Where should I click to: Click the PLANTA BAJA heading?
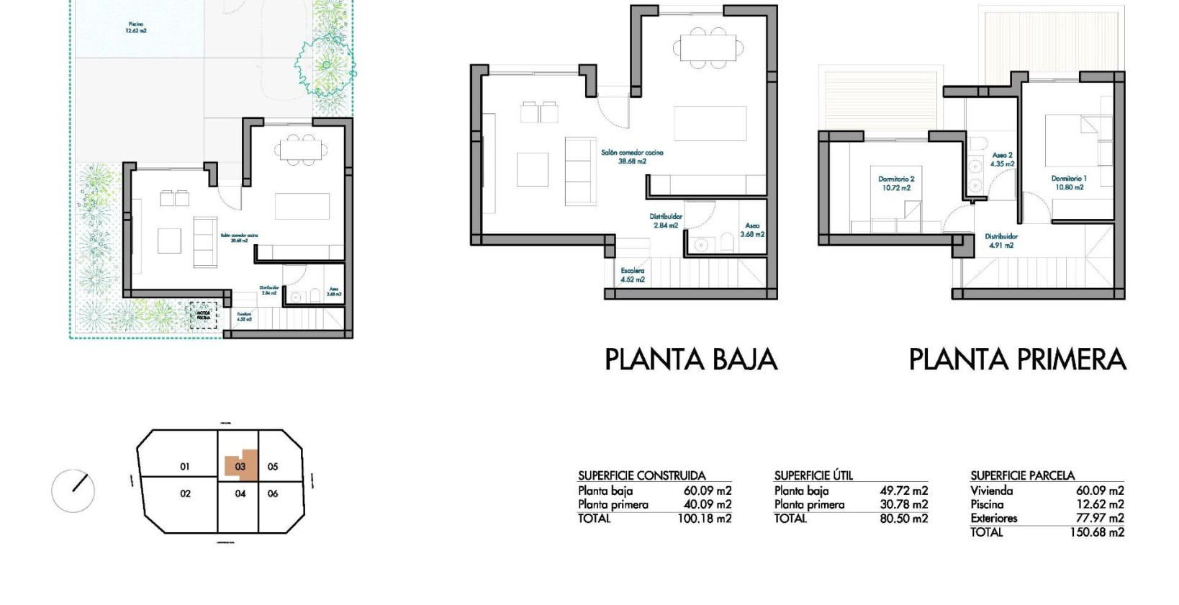[x=690, y=359]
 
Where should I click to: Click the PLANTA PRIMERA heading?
[x=1017, y=359]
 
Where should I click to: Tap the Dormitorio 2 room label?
[x=896, y=184]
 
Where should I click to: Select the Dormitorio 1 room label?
[x=1069, y=183]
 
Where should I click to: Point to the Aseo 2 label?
[x=1002, y=159]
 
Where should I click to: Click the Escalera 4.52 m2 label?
[x=633, y=275]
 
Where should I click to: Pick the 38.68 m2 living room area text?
[x=632, y=162]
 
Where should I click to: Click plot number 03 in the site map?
[x=240, y=467]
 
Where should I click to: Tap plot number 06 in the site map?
[x=273, y=493]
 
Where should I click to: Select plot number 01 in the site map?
[x=185, y=467]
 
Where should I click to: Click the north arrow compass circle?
[x=73, y=490]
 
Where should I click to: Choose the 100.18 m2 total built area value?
[x=704, y=519]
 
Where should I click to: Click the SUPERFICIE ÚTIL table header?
[x=813, y=475]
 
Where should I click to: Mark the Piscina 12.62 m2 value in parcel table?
[x=1099, y=504]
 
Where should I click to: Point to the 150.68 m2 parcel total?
[x=1096, y=532]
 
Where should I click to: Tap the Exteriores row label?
[x=993, y=518]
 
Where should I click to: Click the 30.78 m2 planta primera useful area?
[x=903, y=505]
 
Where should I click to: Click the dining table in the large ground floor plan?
[x=708, y=49]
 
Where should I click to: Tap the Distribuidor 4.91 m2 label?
[x=1001, y=241]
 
